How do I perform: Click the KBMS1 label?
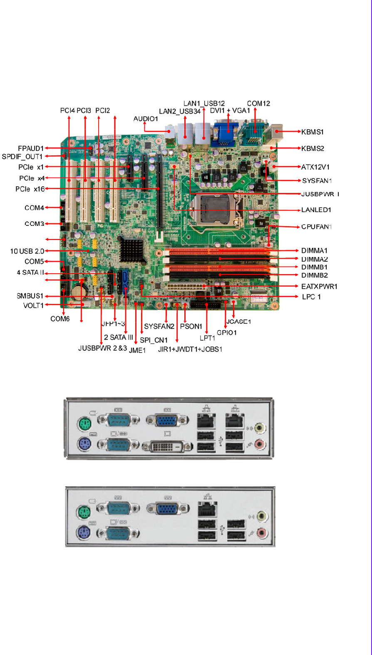(x=312, y=132)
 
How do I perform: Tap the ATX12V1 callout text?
(x=315, y=167)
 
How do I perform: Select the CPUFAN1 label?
(x=316, y=227)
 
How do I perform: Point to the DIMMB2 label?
(x=314, y=275)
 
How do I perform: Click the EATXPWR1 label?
(x=319, y=287)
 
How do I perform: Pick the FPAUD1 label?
(x=31, y=148)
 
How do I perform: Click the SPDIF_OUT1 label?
(x=22, y=157)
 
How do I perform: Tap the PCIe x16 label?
(x=30, y=189)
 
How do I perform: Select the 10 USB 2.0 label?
(x=27, y=251)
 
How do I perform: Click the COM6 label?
(x=60, y=319)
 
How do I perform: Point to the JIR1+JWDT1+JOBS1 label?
(x=190, y=349)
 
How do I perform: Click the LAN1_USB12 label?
(x=204, y=103)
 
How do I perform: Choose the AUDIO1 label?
(x=146, y=119)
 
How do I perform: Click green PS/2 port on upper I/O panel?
(x=84, y=425)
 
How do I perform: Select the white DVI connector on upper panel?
(x=167, y=447)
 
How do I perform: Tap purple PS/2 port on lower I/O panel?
(x=84, y=533)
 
